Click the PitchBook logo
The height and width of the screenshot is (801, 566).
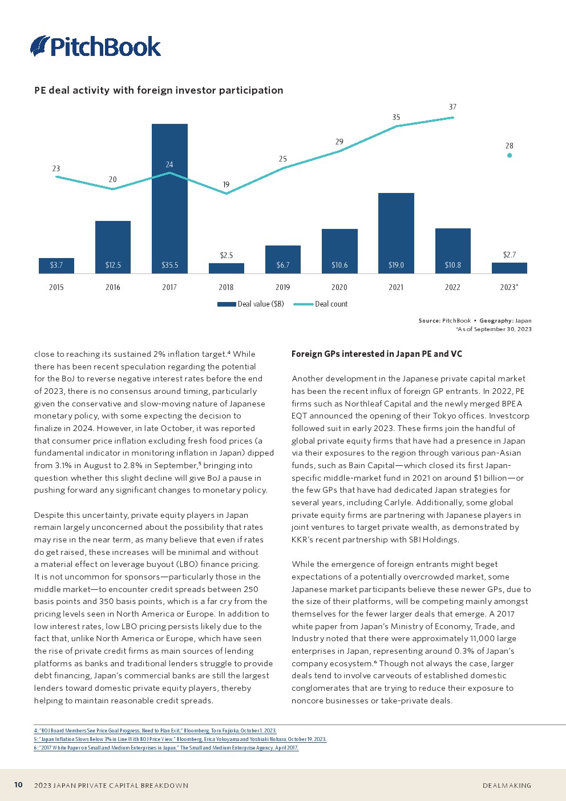tap(95, 46)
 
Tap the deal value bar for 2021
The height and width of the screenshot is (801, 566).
tap(396, 228)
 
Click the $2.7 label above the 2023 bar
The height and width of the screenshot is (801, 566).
tap(510, 255)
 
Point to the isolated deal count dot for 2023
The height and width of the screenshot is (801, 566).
tap(510, 155)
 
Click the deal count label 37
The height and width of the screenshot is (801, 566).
tap(452, 107)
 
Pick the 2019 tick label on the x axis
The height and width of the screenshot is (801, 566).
tap(282, 287)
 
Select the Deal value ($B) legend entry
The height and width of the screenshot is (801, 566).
tap(251, 304)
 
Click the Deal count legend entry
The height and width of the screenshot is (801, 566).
tap(321, 304)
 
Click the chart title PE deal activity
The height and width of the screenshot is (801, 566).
tap(159, 90)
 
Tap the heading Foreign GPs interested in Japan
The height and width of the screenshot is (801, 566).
tap(377, 354)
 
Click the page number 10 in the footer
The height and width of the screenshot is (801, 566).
tap(18, 785)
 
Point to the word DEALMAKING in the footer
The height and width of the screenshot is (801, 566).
tap(507, 786)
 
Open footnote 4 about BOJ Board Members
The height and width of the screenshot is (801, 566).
tap(155, 731)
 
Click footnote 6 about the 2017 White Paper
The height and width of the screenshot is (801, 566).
tap(166, 748)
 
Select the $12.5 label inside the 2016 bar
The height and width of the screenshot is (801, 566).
tap(113, 265)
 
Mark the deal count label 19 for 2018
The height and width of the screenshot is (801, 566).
tap(226, 184)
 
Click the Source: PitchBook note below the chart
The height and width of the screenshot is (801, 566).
tap(475, 321)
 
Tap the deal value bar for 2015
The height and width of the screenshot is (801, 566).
tap(56, 265)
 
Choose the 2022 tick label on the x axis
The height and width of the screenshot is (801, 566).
tap(452, 287)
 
